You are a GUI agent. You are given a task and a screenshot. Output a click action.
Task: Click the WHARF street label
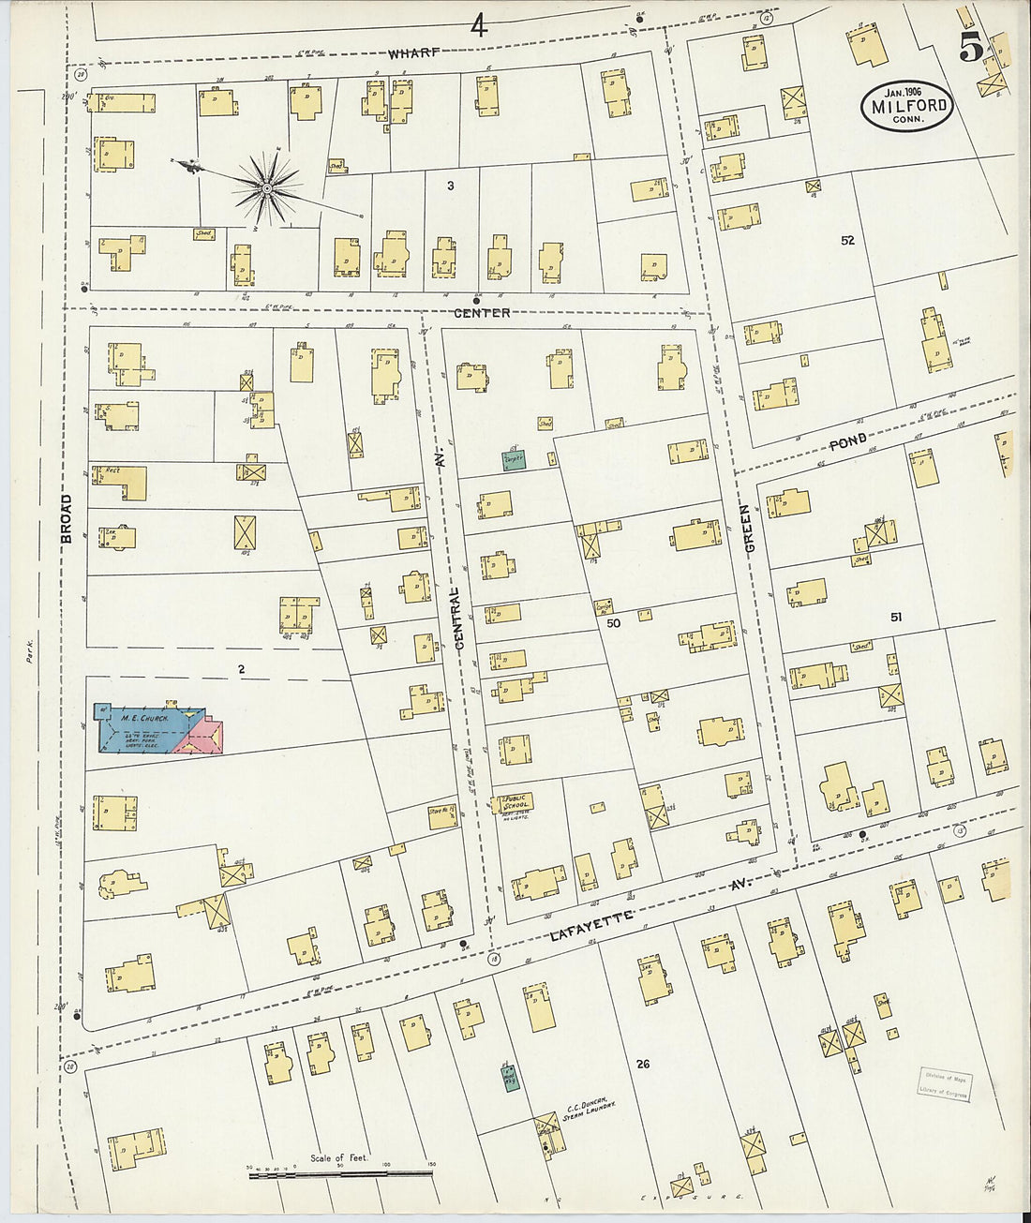point(411,52)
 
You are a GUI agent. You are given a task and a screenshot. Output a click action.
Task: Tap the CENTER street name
point(482,312)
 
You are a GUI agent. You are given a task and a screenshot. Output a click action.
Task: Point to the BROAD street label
point(67,518)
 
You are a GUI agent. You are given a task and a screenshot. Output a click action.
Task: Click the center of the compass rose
point(268,188)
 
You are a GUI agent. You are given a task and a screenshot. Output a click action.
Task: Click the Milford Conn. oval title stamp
point(905,106)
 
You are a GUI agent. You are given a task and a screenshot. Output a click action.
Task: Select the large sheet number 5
point(970,49)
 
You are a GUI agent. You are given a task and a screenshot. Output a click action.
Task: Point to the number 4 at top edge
point(479,26)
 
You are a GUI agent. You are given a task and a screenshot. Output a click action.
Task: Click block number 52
point(847,240)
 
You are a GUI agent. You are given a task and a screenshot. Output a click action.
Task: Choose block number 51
point(896,617)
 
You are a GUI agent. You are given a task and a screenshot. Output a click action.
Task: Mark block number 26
point(642,1064)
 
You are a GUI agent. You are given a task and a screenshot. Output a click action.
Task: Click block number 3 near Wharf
point(450,186)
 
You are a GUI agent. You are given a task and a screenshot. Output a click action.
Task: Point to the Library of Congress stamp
point(943,1087)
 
